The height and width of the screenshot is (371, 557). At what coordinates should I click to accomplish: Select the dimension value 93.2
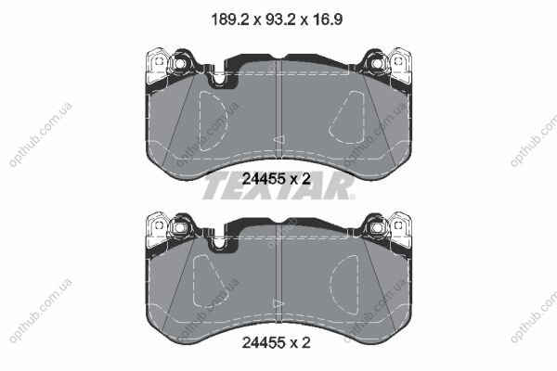tap(278, 19)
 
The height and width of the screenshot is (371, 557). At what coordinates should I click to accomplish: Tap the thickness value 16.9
tap(327, 19)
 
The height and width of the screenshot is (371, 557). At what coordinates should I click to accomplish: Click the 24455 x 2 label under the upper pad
tap(277, 179)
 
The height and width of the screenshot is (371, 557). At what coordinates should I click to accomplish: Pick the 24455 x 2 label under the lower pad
tap(277, 343)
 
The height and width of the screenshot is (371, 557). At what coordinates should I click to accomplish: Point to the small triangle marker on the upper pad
tap(278, 139)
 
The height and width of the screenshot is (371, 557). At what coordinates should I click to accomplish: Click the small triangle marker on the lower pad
tap(278, 304)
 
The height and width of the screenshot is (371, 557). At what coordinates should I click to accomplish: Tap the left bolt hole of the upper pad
tap(180, 64)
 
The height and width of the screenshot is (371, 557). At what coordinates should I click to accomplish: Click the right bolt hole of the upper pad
tap(376, 64)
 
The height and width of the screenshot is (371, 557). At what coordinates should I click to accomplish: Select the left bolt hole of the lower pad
tap(180, 227)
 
